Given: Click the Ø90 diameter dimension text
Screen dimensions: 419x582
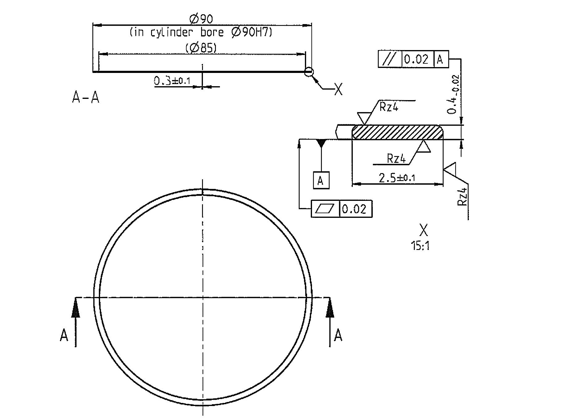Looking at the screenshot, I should [201, 19].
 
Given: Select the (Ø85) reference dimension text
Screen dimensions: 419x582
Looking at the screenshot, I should [201, 48].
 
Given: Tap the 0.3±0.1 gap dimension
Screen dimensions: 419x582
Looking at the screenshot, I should [172, 81].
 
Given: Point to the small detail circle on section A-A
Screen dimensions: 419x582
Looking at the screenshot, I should [309, 72].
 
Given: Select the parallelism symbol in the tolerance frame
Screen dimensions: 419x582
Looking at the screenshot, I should [390, 59].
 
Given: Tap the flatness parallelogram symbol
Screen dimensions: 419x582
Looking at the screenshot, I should [325, 209].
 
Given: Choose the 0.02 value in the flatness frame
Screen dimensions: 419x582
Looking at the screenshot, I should [354, 209].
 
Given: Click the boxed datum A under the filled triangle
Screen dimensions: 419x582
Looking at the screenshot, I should [321, 180].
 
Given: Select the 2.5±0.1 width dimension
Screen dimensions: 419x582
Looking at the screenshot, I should [397, 178].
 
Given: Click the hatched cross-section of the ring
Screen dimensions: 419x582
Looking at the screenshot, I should [398, 132].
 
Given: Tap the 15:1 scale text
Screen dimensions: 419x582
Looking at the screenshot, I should [420, 246].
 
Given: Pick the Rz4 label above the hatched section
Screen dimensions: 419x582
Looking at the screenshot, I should [389, 107].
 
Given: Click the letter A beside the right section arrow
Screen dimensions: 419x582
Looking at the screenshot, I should [338, 335].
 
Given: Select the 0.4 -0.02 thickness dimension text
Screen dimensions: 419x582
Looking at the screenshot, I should [454, 94].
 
